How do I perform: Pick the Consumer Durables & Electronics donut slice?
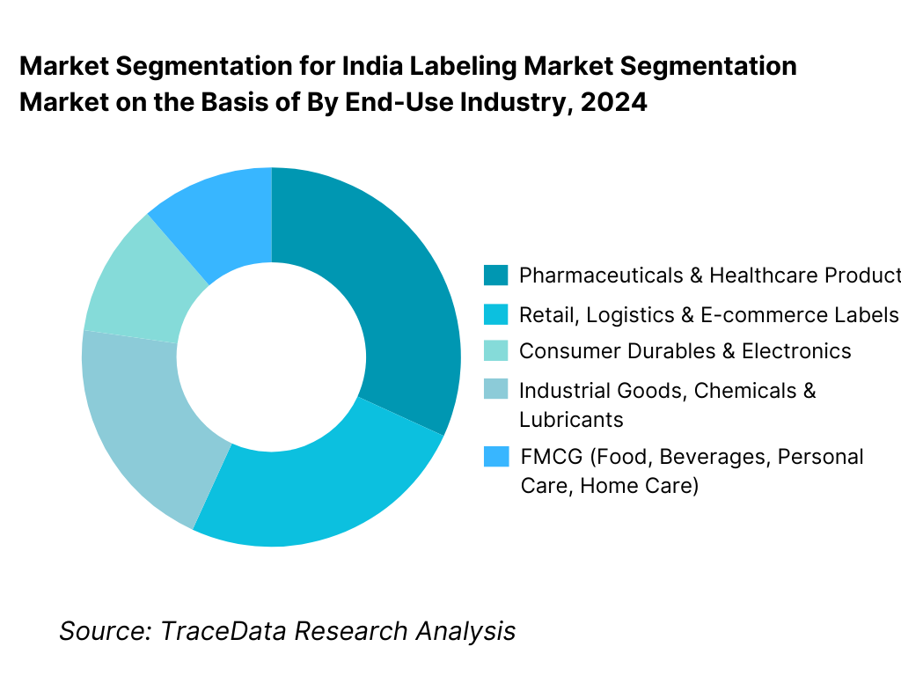(x=132, y=286)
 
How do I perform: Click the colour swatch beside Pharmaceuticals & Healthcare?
(x=496, y=276)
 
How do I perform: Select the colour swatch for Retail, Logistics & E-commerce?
(x=496, y=315)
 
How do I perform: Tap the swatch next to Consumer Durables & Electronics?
(x=496, y=351)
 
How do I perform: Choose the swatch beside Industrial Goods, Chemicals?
(x=496, y=390)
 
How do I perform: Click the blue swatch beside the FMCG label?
(x=496, y=457)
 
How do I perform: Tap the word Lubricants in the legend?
(x=571, y=419)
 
